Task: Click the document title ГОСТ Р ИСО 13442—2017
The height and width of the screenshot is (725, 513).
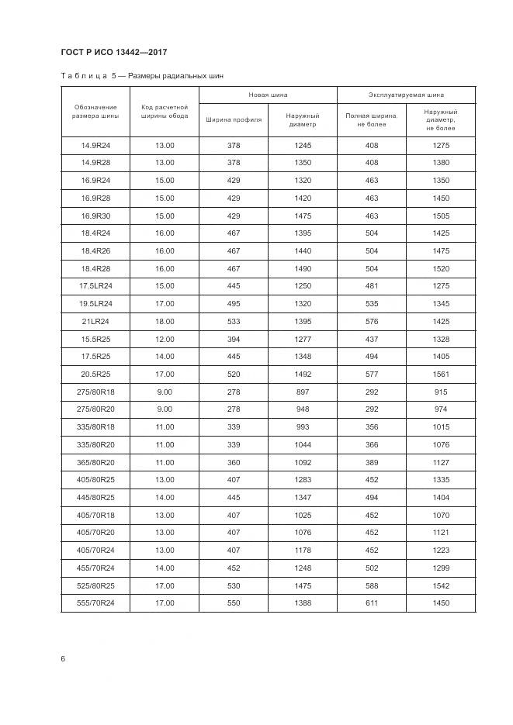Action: coord(113,53)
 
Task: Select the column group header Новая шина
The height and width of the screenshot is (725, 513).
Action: coord(268,95)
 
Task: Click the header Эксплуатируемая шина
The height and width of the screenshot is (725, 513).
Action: coord(406,95)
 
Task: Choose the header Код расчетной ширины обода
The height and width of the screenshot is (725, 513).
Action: coord(165,111)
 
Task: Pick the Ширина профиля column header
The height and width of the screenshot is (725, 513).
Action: coord(234,119)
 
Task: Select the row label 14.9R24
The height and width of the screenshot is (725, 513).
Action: coord(95,146)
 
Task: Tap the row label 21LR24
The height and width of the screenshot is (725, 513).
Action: coord(95,320)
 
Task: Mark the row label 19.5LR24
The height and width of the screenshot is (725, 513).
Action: coord(95,303)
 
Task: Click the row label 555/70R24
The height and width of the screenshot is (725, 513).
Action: coord(95,603)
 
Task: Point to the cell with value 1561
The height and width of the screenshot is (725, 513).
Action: coord(441,373)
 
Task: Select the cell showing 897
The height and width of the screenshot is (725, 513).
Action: coord(303,391)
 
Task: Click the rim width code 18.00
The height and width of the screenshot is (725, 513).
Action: coord(165,320)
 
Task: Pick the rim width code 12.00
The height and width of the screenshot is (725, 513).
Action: coord(165,338)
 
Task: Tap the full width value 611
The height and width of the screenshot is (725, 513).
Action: coord(372,603)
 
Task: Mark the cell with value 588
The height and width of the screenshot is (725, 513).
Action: coord(372,585)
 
